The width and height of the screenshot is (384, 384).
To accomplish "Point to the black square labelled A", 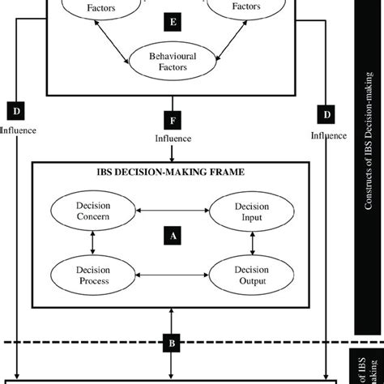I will click(171, 235).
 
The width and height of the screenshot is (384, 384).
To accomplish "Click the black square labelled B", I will click(171, 344).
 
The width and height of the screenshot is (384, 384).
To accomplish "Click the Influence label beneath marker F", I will click(173, 139).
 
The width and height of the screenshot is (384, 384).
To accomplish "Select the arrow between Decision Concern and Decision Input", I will click(171, 212).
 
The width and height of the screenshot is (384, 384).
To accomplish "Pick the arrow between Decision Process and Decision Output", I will click(171, 275).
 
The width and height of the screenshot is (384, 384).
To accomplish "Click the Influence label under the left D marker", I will click(19, 126).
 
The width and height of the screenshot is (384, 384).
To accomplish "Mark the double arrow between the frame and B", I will click(171, 321).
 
